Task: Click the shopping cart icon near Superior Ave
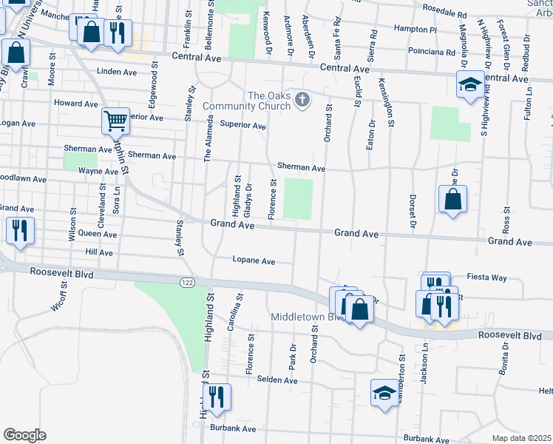[116, 121]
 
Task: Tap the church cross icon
[302, 100]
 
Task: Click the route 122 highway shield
[186, 282]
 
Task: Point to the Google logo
[24, 435]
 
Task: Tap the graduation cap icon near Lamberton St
[384, 392]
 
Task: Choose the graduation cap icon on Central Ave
[470, 84]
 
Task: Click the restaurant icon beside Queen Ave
[20, 229]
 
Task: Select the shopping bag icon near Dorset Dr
[452, 199]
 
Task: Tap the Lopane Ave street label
[254, 260]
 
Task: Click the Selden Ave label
[276, 380]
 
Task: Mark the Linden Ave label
[118, 73]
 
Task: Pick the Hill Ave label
[99, 252]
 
